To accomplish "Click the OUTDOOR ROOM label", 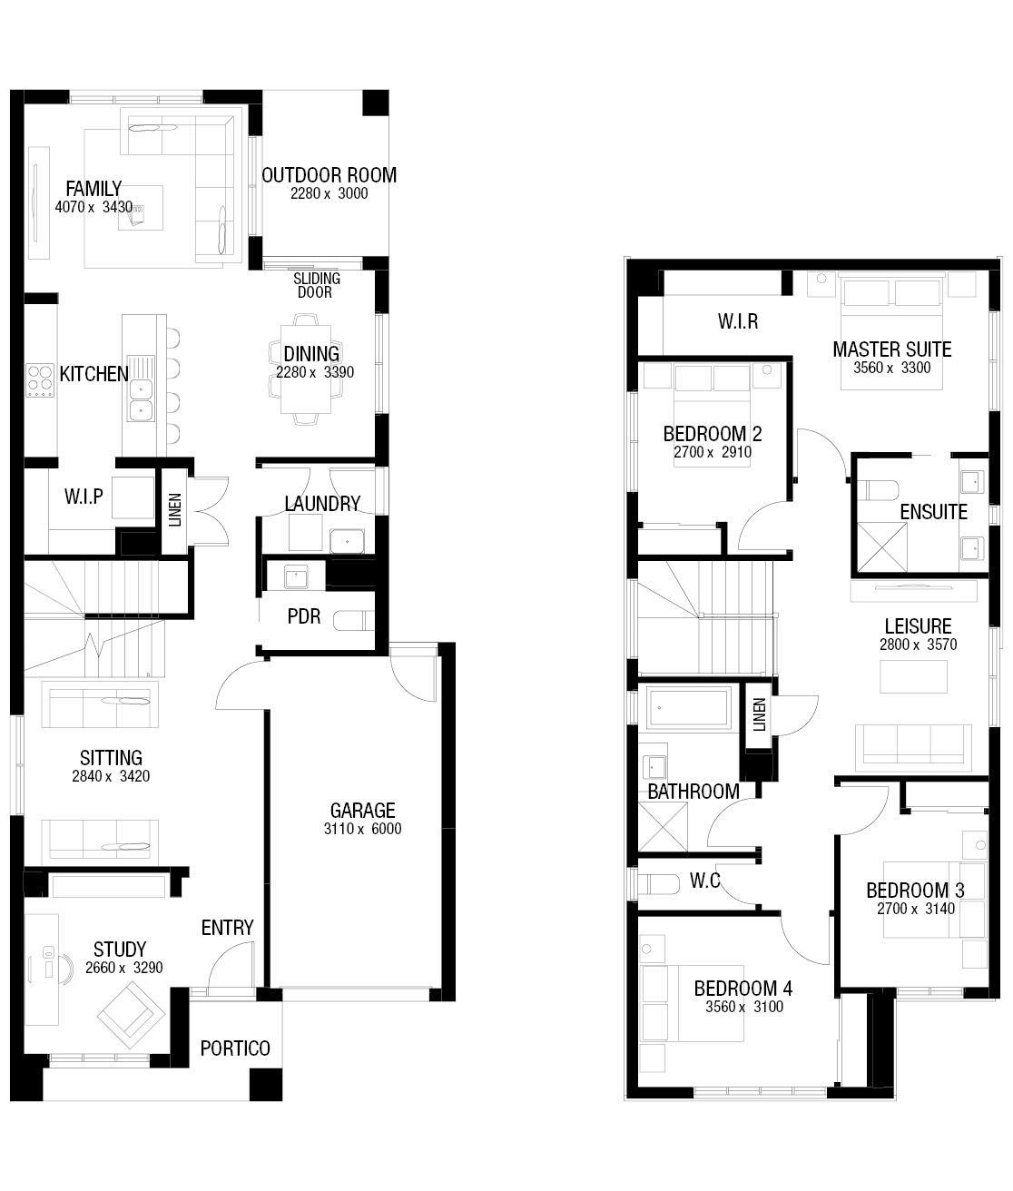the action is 329,175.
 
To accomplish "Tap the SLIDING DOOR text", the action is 317,285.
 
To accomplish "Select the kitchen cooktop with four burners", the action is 40,381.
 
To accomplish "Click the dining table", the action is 306,369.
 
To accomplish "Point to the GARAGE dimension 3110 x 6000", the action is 362,829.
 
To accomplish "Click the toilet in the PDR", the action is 353,621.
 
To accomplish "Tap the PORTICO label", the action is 235,1048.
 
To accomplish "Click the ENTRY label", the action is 228,928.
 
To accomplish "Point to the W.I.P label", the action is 84,497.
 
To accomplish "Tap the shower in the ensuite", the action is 882,547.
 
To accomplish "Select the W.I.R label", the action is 738,321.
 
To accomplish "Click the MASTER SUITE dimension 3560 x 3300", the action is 892,368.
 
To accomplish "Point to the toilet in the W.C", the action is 658,884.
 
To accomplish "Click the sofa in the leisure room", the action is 913,747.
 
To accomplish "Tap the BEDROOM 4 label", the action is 743,989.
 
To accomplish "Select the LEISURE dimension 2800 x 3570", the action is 918,645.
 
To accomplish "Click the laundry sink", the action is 347,542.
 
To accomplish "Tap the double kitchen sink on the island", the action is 141,400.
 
